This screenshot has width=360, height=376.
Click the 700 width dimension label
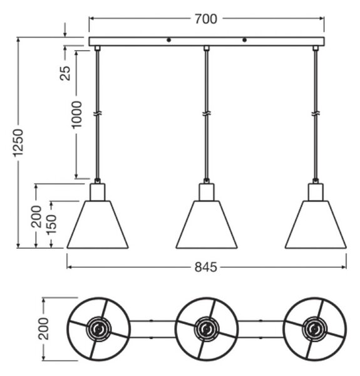[206, 19]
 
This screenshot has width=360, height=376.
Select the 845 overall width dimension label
[206, 267]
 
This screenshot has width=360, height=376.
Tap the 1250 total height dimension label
[18, 143]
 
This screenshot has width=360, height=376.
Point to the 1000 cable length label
[77, 115]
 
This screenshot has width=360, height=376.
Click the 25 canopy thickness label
[65, 73]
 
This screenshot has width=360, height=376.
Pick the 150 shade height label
[51, 224]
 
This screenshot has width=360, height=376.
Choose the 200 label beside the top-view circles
[43, 328]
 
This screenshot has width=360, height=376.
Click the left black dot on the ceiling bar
[169, 40]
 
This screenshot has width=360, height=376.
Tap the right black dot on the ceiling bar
[244, 40]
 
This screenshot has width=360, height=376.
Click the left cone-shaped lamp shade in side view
[98, 224]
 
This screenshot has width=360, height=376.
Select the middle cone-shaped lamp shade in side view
[207, 224]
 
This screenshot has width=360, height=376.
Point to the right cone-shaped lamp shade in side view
[316, 224]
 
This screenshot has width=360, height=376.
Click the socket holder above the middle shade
[207, 192]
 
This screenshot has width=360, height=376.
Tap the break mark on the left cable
[98, 113]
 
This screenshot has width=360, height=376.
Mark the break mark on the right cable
[316, 113]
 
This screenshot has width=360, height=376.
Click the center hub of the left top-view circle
[98, 329]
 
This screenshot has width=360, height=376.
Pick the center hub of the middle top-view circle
[207, 329]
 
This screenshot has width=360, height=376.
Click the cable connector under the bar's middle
[207, 48]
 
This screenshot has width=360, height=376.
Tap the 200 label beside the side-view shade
[36, 217]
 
